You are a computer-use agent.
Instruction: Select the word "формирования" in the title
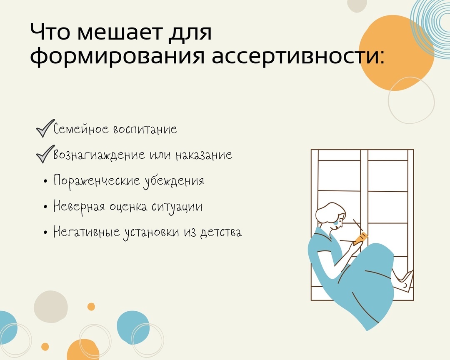117,57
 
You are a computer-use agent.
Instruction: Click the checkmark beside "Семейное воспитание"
45,128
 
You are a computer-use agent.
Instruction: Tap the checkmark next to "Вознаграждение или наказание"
45,154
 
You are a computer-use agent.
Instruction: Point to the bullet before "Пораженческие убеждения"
45,181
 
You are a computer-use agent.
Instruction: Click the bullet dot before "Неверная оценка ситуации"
45,207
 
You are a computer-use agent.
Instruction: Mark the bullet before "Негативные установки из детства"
45,232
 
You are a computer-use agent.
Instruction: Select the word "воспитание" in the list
145,130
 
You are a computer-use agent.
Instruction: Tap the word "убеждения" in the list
174,181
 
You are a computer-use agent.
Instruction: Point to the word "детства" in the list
221,232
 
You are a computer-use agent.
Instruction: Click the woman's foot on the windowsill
405,283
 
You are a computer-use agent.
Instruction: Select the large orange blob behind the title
396,53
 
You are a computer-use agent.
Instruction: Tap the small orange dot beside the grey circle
91,307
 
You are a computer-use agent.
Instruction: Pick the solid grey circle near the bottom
51,307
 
